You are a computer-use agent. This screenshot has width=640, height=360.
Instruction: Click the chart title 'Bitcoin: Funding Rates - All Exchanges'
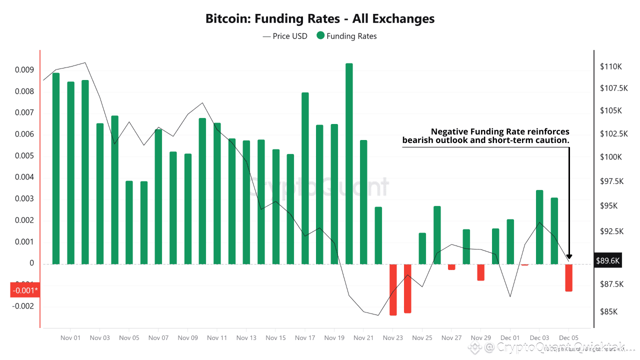320,19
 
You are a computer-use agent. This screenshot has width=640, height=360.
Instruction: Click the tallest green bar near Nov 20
349,160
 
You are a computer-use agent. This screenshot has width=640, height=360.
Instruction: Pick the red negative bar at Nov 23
393,289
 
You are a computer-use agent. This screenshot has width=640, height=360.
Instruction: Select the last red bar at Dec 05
568,277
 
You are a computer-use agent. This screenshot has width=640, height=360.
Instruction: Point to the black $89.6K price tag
607,260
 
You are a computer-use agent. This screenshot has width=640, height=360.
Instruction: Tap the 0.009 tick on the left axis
24,70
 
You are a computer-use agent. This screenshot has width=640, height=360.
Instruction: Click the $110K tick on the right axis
610,66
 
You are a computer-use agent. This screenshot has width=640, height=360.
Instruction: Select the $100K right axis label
610,157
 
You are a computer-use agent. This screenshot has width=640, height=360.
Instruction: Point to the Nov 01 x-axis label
70,338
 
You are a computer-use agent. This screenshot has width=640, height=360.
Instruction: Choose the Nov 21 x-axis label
363,338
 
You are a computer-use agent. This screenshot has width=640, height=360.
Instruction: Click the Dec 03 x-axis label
539,338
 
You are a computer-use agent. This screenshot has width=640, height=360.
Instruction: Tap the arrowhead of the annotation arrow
569,257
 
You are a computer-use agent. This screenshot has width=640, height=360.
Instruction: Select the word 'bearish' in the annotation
419,140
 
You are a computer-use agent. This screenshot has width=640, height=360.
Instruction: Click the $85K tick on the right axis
608,311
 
